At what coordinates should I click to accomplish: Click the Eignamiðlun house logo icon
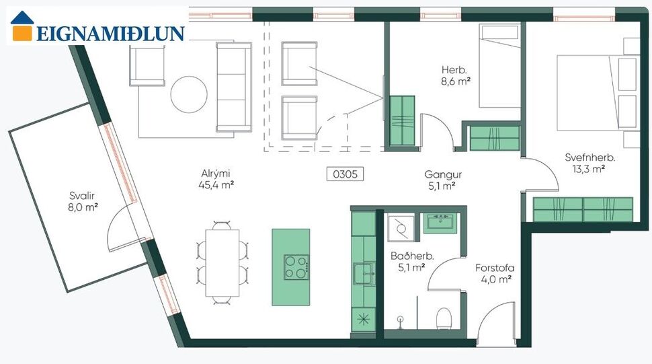pyautogui.click(x=22, y=26)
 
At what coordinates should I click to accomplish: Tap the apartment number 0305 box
pyautogui.click(x=345, y=174)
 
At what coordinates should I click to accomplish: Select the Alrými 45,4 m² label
pyautogui.click(x=216, y=178)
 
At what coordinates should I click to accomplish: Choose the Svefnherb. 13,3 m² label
pyautogui.click(x=590, y=163)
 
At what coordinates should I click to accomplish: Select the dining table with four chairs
pyautogui.click(x=222, y=262)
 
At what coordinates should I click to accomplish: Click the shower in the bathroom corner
pyautogui.click(x=401, y=227)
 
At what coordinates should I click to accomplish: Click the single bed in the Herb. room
pyautogui.click(x=499, y=67)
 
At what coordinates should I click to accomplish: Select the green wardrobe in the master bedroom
pyautogui.click(x=583, y=209)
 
